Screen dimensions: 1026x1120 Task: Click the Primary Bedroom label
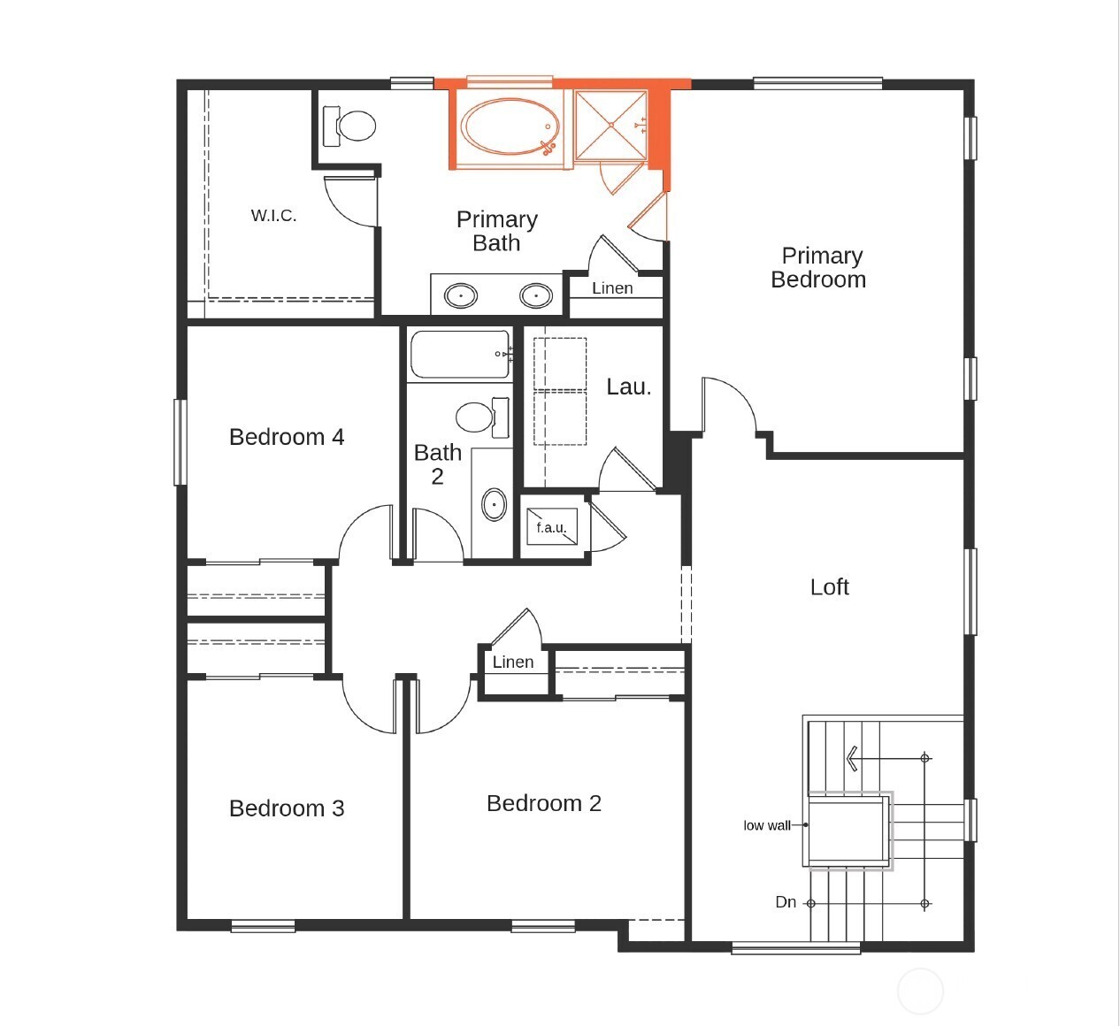[x=818, y=268]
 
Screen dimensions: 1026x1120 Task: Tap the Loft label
[x=829, y=587]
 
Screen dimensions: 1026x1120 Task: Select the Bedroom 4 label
[x=286, y=437]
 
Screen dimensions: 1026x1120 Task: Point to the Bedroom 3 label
[x=286, y=808]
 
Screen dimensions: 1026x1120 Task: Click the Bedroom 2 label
[x=543, y=803]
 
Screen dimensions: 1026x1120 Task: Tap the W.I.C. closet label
[x=273, y=216]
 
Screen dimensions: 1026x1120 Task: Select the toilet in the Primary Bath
[x=351, y=126]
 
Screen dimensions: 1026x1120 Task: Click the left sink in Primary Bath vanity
[x=460, y=295]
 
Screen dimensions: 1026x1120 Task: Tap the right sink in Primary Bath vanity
[x=536, y=295]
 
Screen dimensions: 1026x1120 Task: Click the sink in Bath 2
[x=494, y=504]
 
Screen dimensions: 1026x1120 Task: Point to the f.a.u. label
[x=550, y=528]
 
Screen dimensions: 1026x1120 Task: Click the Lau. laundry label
[x=628, y=387]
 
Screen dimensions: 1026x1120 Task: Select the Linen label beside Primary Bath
[x=612, y=288]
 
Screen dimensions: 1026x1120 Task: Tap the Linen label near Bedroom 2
[x=513, y=662]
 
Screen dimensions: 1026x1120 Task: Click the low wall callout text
[x=766, y=825]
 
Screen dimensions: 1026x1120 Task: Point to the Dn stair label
[x=786, y=902]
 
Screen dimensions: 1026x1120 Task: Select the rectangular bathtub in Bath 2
[x=460, y=355]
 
